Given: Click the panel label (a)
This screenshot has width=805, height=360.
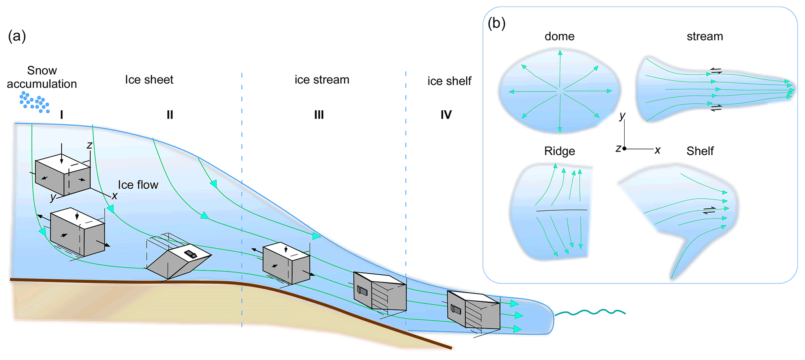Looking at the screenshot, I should click(x=17, y=36).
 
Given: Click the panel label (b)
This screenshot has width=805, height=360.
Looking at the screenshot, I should click(x=496, y=23).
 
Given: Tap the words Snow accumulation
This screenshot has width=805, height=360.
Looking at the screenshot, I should click(x=42, y=77).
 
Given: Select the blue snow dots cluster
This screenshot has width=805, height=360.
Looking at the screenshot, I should click(x=35, y=102).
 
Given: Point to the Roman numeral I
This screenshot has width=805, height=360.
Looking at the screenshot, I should click(x=62, y=115).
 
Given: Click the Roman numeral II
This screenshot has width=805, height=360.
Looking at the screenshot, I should click(x=170, y=115).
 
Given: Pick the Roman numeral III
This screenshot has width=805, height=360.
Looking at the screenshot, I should click(x=319, y=115).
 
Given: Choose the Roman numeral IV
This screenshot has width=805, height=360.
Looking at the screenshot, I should click(x=446, y=115).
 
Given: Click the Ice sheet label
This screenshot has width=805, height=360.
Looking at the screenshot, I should click(x=149, y=80).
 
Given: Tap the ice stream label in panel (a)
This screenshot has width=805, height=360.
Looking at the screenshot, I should click(x=322, y=80).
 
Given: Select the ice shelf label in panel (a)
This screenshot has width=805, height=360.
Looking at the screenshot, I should click(x=449, y=81).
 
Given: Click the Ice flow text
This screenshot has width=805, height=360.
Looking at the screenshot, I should click(x=138, y=185).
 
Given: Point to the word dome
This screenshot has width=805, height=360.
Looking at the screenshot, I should click(x=559, y=36).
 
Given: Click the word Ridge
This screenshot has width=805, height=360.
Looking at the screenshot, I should click(x=559, y=151).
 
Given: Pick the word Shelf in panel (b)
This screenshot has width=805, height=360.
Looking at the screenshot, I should click(x=700, y=151).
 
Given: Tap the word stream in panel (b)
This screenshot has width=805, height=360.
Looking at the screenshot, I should click(x=705, y=36).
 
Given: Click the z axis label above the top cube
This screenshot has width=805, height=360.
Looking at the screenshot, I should click(x=89, y=145).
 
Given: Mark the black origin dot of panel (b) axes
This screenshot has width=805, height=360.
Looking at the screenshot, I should click(x=624, y=148).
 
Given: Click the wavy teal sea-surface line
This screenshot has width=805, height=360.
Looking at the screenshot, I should click(x=590, y=312).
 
